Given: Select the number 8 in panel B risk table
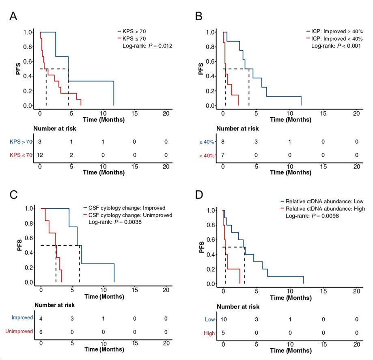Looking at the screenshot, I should [223, 142].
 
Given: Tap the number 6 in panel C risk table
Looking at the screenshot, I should [41, 331].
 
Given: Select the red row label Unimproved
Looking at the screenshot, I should [19, 331].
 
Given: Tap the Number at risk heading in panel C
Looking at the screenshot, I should [54, 305].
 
